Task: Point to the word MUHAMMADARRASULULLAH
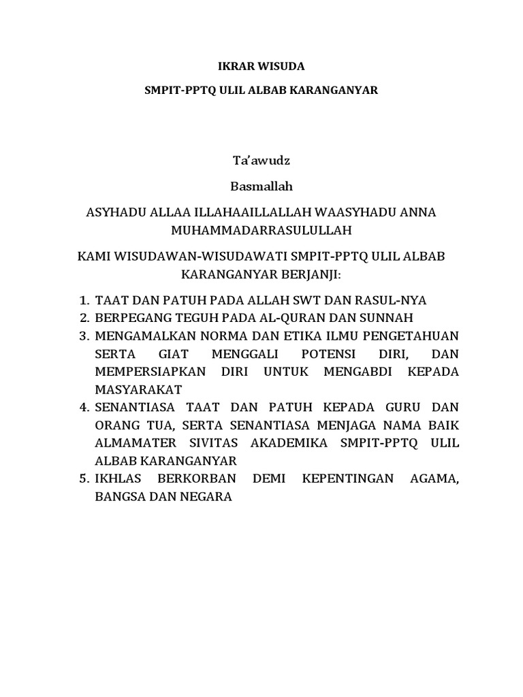tap(261, 230)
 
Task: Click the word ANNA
tap(415, 212)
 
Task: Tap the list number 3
tap(84, 336)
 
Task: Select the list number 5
tap(84, 479)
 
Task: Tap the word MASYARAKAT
tap(138, 389)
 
